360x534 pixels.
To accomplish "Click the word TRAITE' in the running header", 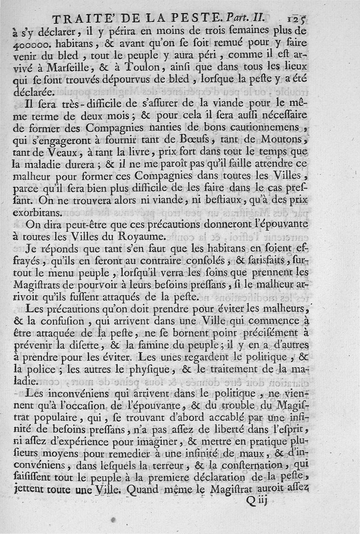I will click(x=79, y=19).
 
